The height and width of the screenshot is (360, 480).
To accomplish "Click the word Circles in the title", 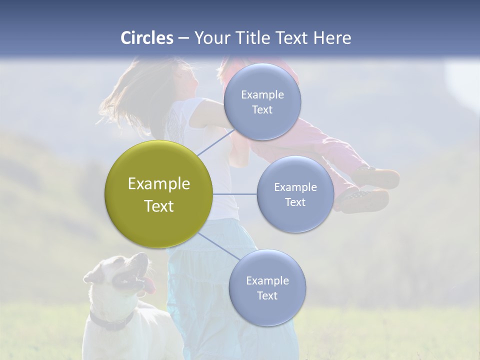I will (147, 38).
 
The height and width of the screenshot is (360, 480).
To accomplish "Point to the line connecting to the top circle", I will (215, 142).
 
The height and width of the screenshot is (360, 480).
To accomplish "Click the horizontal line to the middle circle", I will (235, 194).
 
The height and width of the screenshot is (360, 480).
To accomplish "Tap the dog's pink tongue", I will (150, 286).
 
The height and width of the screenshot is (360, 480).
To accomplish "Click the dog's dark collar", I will (112, 322).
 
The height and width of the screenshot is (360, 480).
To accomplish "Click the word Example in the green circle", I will (159, 184).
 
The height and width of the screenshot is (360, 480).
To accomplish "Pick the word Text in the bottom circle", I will (267, 295).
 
